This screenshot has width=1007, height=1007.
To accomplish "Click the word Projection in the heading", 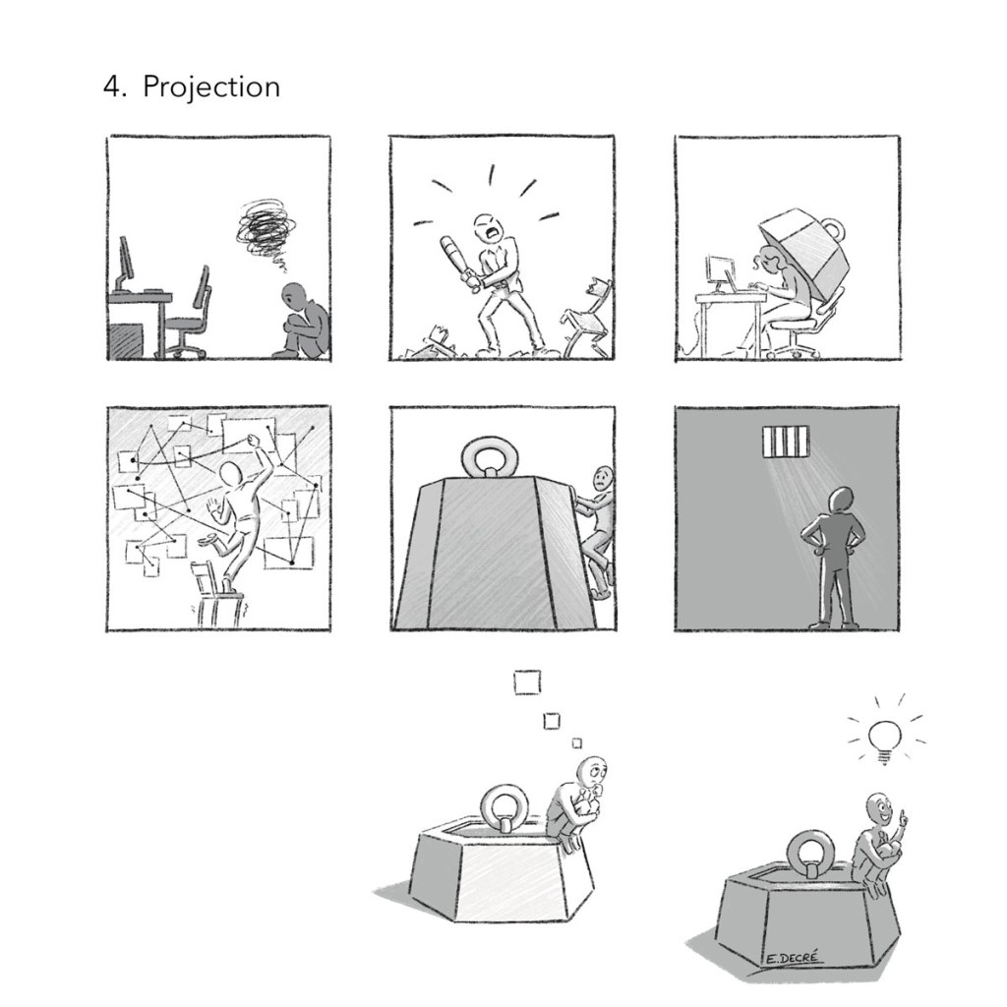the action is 211,87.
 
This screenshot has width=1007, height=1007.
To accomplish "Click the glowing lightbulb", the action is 884,740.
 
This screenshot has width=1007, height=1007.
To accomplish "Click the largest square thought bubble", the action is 527,682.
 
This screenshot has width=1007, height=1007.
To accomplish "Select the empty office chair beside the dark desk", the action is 190,315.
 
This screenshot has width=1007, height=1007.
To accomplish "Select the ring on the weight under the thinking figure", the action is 504,805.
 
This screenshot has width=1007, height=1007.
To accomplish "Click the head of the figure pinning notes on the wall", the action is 231,476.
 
